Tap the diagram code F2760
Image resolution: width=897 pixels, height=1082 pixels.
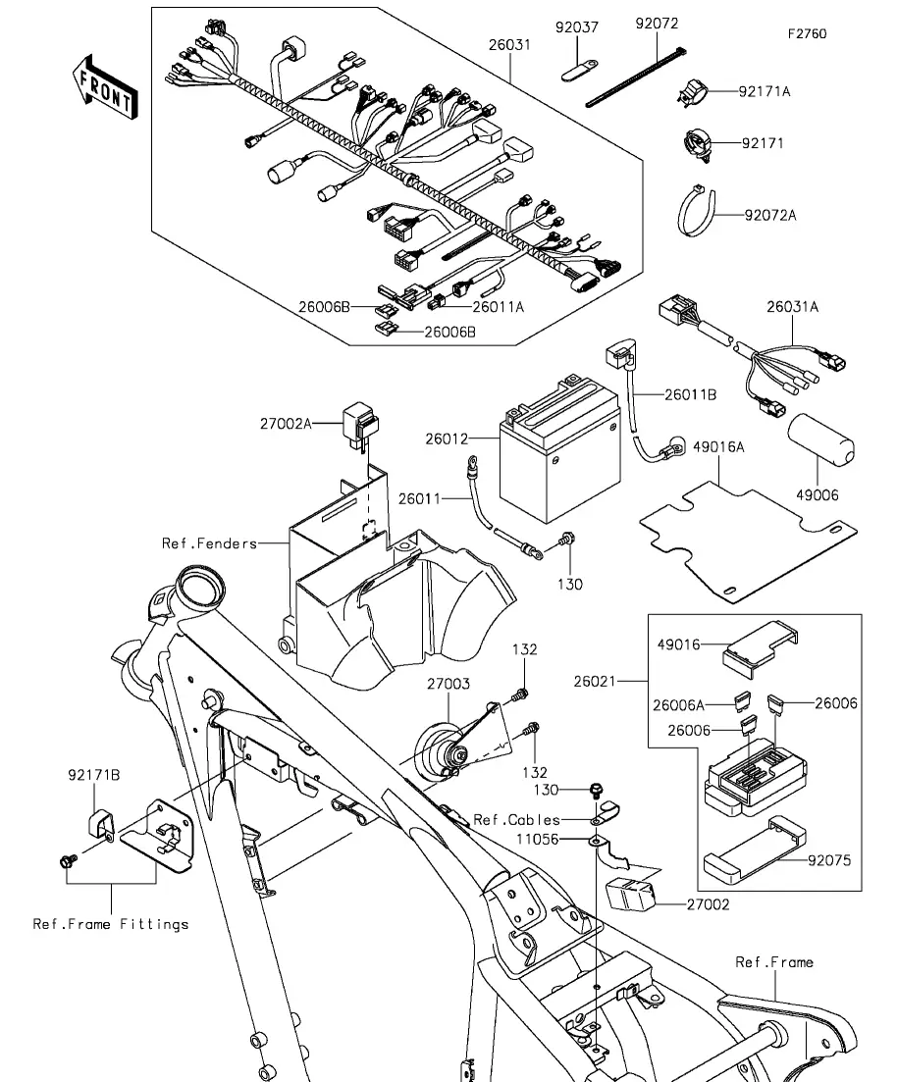point(807,34)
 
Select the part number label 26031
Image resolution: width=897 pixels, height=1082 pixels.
point(510,44)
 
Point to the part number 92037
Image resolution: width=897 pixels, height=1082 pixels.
point(578,26)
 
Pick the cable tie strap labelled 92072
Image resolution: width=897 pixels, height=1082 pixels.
point(636,82)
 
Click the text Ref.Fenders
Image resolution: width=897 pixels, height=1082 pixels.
point(210,543)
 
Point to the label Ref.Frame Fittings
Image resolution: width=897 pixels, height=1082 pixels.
point(111,923)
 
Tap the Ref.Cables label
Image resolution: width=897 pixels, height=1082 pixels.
point(516,819)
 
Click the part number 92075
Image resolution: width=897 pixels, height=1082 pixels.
point(829,860)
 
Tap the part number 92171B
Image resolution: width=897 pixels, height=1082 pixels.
point(94,775)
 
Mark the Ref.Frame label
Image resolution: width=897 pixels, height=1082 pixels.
point(774,962)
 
